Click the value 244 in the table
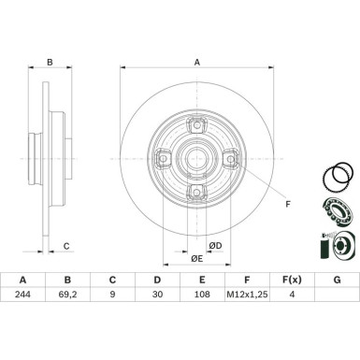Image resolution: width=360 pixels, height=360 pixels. coord(22,345)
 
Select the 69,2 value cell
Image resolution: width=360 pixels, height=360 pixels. coord(67,345)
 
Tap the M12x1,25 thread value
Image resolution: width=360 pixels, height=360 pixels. coord(246,345)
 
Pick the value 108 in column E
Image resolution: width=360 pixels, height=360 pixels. coord(201,345)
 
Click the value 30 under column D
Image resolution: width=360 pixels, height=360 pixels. coord(156,345)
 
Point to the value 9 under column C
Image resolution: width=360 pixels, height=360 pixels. coord(112,345)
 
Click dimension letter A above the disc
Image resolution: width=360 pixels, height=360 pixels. coord(197,63)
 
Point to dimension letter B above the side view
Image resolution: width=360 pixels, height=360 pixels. coord(51,63)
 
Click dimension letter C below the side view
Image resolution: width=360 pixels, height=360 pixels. coord(65,272)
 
